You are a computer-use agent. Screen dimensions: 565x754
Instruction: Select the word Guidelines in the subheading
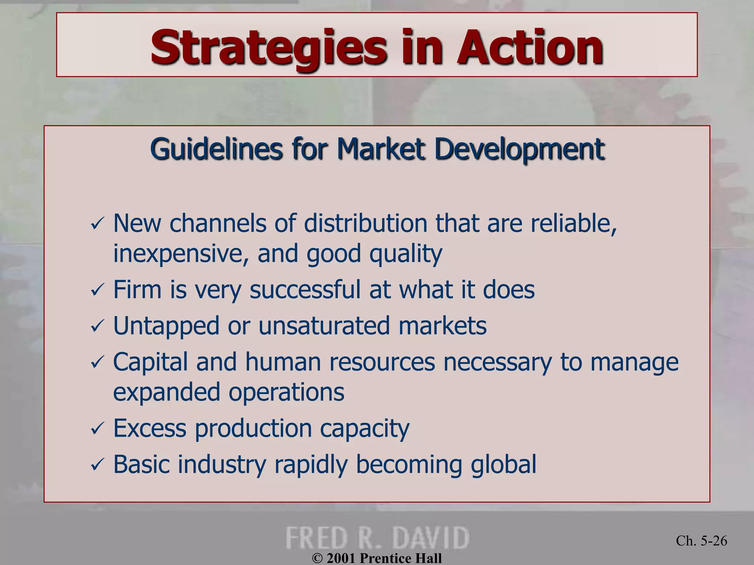coord(216,149)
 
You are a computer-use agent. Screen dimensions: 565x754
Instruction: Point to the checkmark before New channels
coord(98,224)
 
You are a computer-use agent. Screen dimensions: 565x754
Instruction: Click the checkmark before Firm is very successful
coord(98,290)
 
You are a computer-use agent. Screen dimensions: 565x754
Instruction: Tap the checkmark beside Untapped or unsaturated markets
coord(98,326)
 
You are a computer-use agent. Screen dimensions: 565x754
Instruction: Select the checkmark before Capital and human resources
coord(98,363)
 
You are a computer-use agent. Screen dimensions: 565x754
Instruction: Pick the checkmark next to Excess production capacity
coord(98,429)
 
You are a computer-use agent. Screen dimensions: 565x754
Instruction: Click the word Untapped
coord(166,326)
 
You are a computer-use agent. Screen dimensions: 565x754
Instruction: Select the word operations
coord(286,392)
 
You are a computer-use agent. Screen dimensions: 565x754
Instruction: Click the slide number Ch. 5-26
coord(701,541)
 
